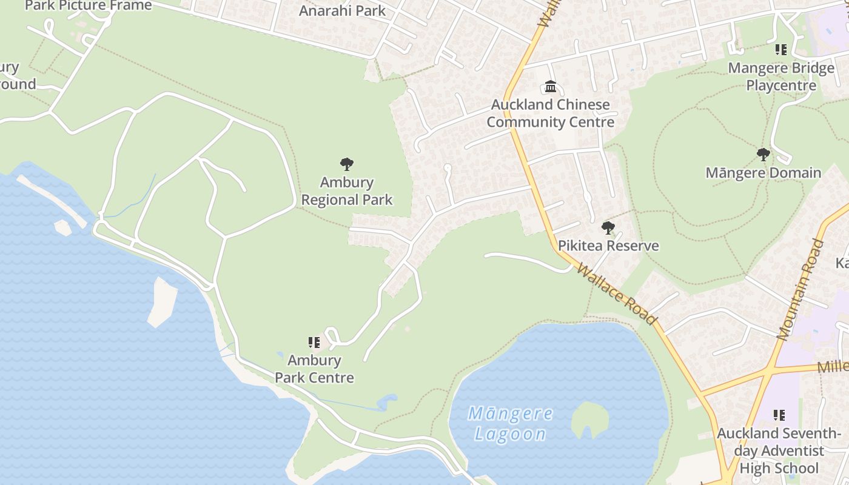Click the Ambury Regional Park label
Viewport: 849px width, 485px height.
[347, 191]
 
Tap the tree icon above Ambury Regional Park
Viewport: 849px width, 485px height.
[347, 164]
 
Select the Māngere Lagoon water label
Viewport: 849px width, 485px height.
[510, 424]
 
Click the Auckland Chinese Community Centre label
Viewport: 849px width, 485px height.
[550, 113]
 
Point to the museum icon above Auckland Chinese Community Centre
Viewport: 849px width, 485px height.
[551, 87]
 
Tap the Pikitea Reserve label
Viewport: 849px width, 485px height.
[608, 246]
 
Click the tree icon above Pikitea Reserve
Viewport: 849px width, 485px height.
[608, 228]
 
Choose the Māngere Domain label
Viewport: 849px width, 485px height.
[763, 173]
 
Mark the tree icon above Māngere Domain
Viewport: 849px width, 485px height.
[763, 155]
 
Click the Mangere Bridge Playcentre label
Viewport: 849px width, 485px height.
[781, 76]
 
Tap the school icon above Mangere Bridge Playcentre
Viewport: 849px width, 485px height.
[780, 50]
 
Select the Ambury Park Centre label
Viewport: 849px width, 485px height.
[314, 369]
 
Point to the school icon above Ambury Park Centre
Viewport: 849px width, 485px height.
[314, 343]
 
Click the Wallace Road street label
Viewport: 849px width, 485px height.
[616, 293]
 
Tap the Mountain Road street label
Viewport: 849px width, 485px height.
[800, 289]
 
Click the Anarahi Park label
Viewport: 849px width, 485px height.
[343, 10]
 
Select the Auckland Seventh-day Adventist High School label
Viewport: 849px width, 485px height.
[779, 450]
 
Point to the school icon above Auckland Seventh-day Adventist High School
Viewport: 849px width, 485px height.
[779, 415]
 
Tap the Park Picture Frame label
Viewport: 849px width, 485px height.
[89, 6]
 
